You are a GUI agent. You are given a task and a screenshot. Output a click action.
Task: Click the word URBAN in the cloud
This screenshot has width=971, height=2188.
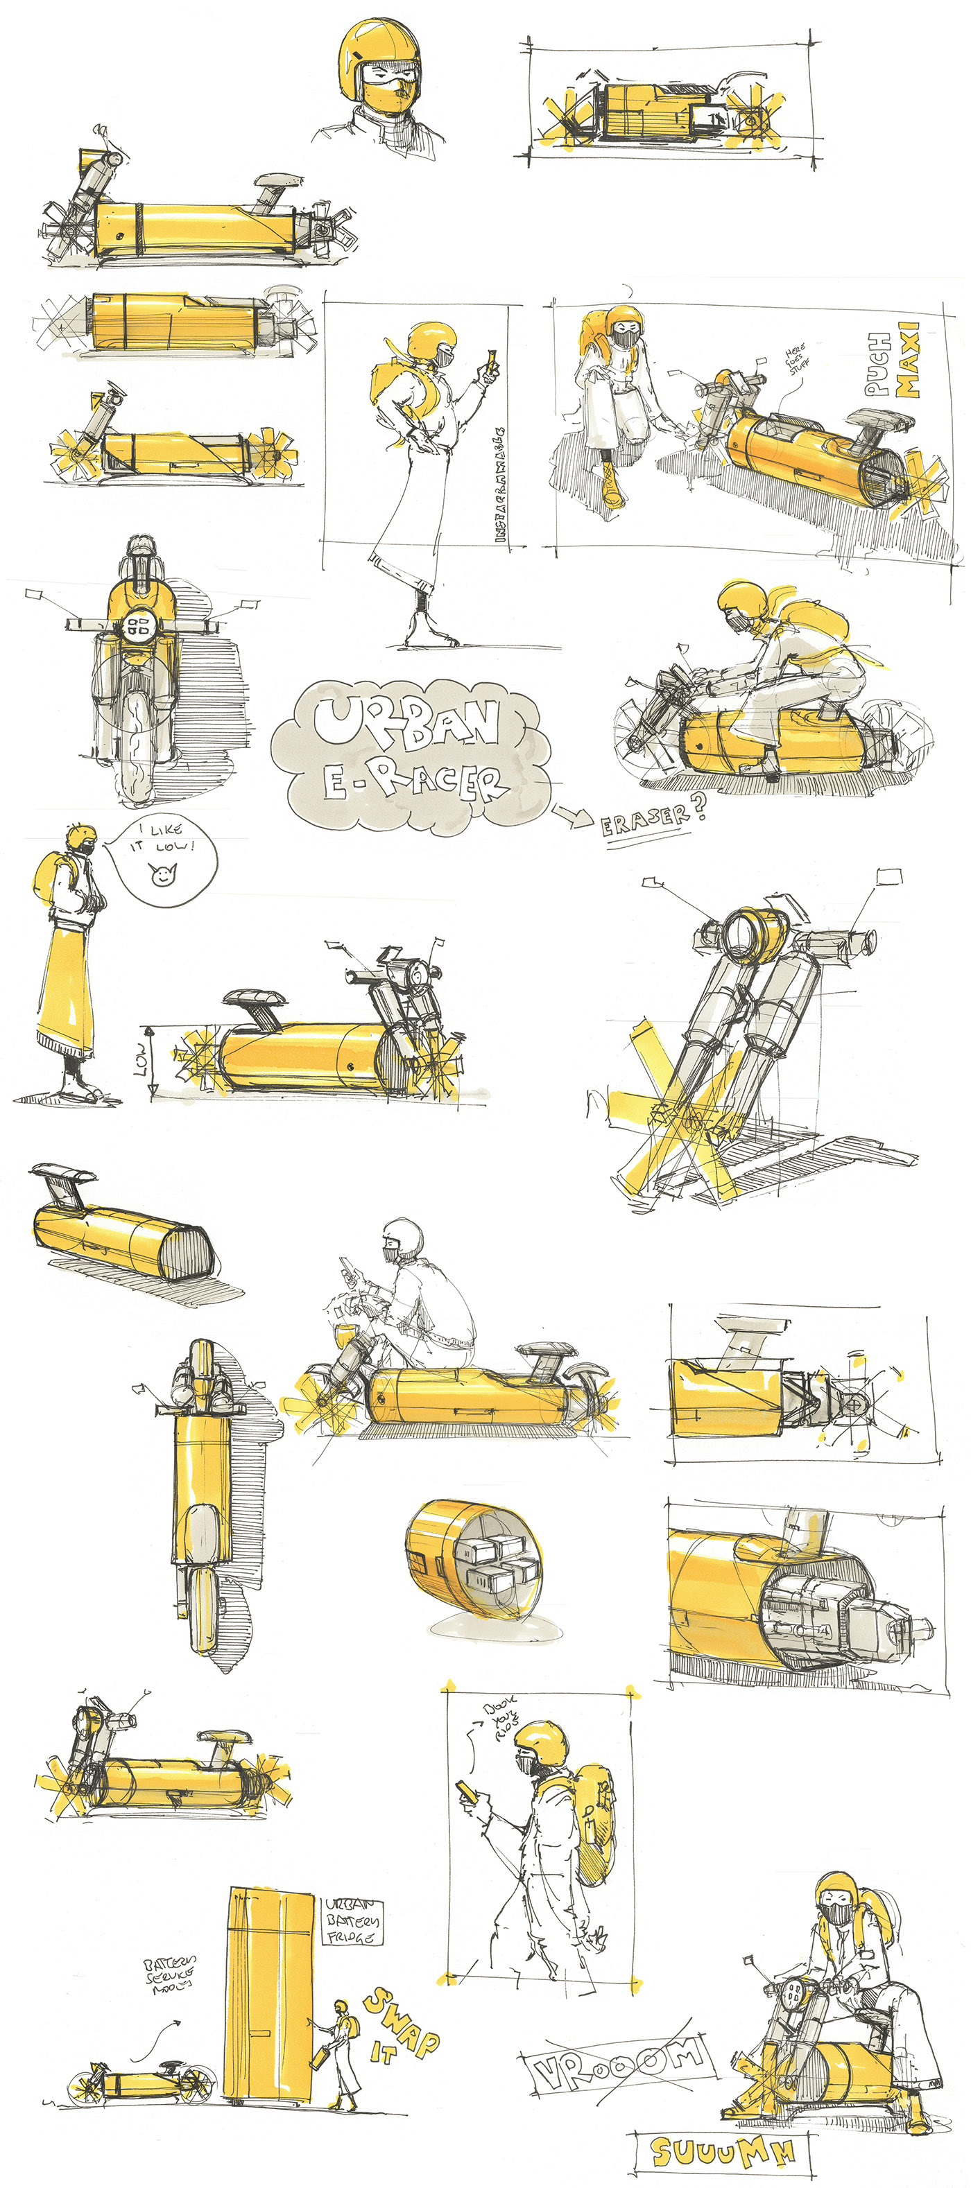point(406,721)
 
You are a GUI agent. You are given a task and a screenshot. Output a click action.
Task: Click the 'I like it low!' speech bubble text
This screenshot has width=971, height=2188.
point(163,837)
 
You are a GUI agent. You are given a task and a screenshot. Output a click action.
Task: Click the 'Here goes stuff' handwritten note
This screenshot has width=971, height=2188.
point(797,358)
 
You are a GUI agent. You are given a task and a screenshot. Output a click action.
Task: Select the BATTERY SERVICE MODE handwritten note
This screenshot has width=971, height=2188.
point(170,1977)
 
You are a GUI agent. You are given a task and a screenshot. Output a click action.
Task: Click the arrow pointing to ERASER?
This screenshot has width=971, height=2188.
point(574,816)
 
